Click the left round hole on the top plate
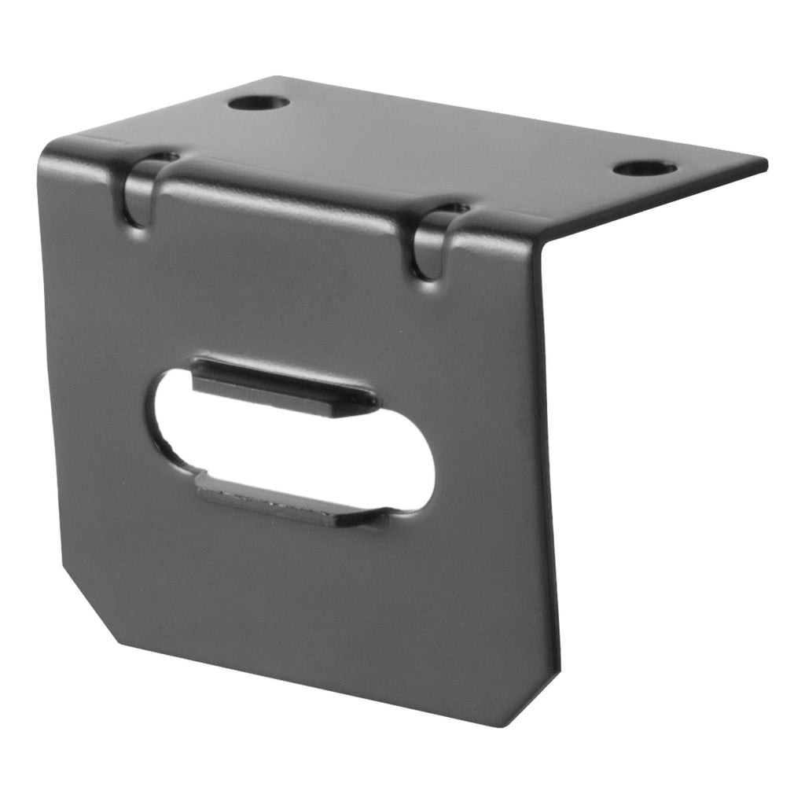click(x=259, y=102)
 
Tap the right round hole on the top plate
click(x=645, y=168)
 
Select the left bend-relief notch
click(x=142, y=189)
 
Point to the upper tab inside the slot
click(x=283, y=385)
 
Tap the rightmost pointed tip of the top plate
click(x=764, y=162)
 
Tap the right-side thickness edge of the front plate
click(x=550, y=472)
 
